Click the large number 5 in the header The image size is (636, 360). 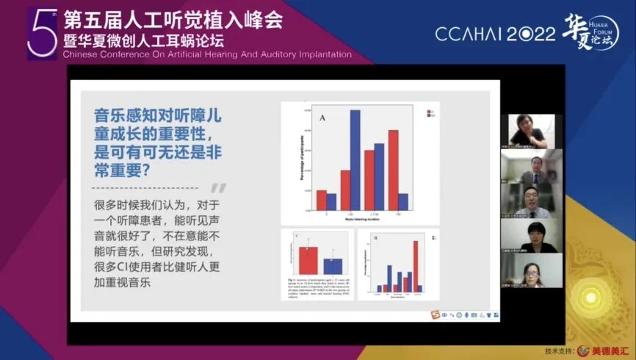41,34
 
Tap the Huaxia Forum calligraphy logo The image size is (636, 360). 588,32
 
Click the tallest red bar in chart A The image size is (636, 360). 393,171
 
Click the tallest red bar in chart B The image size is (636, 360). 416,267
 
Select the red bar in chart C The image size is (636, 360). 308,260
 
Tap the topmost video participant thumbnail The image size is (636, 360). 532,130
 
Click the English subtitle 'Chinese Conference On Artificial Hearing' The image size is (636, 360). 207,54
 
